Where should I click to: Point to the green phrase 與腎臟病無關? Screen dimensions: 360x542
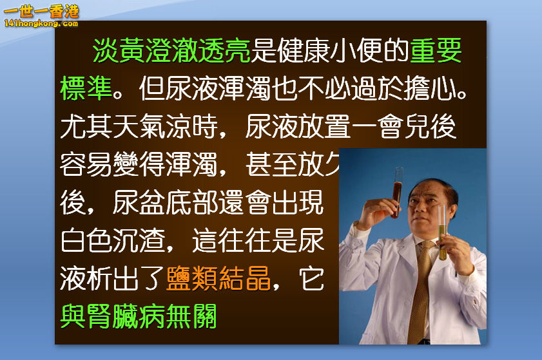pyautogui.click(x=139, y=316)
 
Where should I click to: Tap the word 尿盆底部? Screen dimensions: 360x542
pyautogui.click(x=166, y=203)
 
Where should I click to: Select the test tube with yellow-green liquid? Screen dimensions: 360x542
pyautogui.click(x=443, y=235)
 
